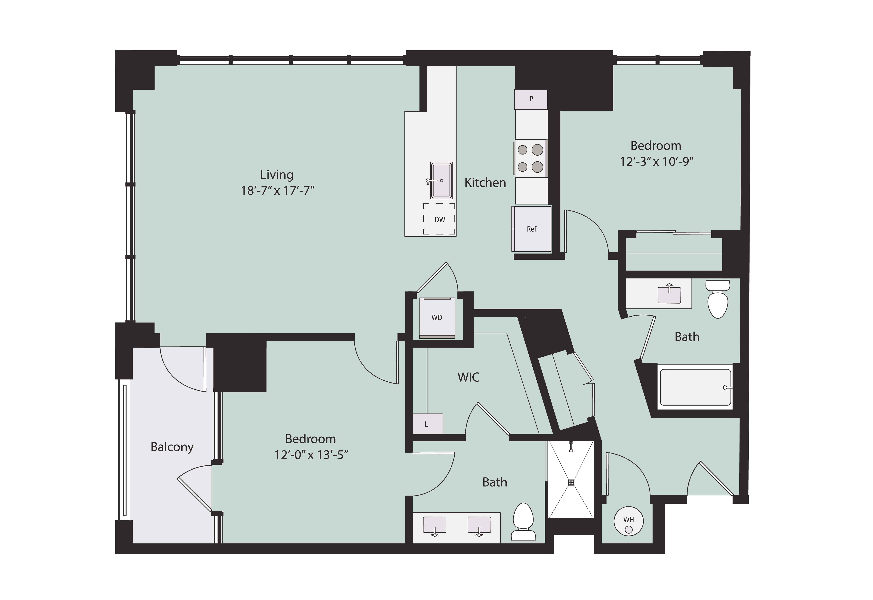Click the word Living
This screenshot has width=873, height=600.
click(x=277, y=175)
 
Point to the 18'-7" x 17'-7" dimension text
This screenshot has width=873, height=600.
click(x=278, y=191)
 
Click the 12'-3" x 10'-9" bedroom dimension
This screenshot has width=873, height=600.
click(x=656, y=162)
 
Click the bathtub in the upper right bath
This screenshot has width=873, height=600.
click(x=695, y=387)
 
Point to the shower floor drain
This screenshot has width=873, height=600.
click(x=571, y=482)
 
